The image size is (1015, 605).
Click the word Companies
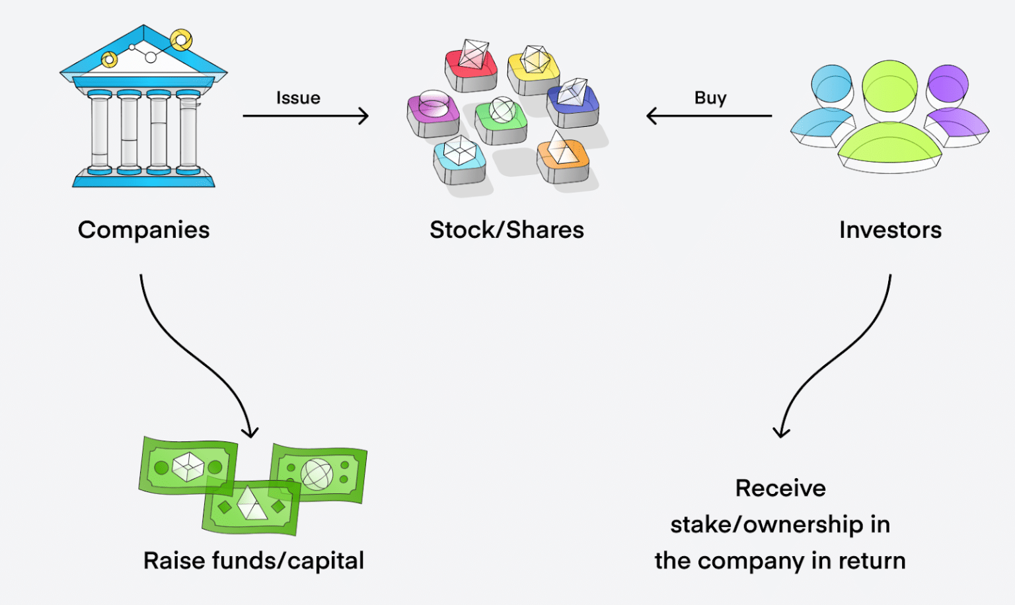point(143,230)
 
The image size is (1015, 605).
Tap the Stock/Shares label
point(507,230)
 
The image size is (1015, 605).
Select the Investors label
point(890,230)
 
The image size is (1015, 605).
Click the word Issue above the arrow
point(298,98)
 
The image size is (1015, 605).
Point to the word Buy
point(710,98)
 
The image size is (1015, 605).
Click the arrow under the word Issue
point(305,116)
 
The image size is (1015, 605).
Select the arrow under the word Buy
point(709,116)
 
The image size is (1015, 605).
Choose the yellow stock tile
point(533,69)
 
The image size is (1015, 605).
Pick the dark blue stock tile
point(572,102)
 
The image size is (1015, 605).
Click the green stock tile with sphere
point(502,120)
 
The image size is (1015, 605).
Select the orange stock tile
point(562,159)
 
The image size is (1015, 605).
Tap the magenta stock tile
point(433,113)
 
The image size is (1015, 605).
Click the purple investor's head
point(948,85)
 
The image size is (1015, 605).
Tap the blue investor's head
point(832,85)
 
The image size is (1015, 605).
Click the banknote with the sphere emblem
point(319,473)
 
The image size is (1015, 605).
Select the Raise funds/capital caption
point(254,561)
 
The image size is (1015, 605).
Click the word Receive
point(780,488)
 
